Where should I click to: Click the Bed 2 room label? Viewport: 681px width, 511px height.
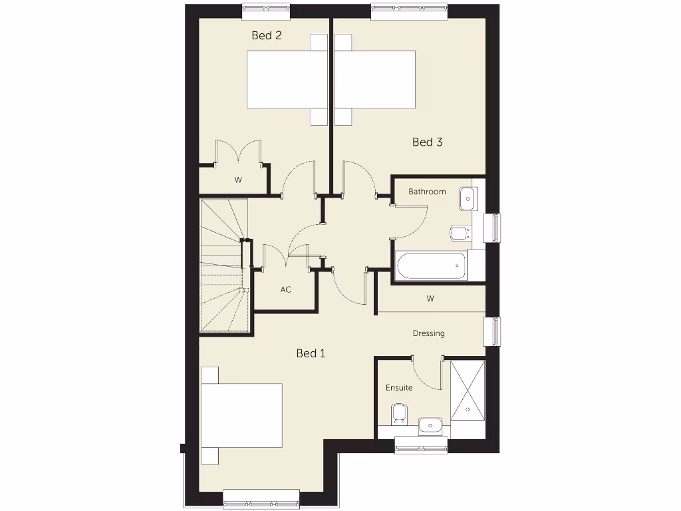coord(266,35)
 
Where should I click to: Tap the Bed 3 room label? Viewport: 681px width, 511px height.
coord(427,142)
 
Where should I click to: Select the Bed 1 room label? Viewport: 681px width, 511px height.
coord(311,353)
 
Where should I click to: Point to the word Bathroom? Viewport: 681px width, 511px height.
coord(427,192)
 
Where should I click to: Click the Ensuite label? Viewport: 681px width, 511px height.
coord(399,387)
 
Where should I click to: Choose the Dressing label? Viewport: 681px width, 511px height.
coord(428,333)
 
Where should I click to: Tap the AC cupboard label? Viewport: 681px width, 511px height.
coord(286,289)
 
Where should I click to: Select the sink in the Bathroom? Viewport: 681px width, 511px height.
coord(468,198)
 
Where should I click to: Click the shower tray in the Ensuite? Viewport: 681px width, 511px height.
coord(468,391)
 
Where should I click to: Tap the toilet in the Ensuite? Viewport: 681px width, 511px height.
coord(399,414)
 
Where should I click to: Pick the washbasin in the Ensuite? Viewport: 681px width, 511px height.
coord(430,425)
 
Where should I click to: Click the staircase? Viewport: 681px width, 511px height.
coord(224,266)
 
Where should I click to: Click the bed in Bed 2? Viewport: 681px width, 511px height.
coord(287,80)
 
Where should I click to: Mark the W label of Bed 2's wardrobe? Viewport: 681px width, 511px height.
coord(237,180)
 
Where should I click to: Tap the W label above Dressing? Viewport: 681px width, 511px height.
coord(430,299)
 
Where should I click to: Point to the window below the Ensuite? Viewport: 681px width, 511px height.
coord(421,445)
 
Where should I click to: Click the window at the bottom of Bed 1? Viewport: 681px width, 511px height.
coord(261,499)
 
